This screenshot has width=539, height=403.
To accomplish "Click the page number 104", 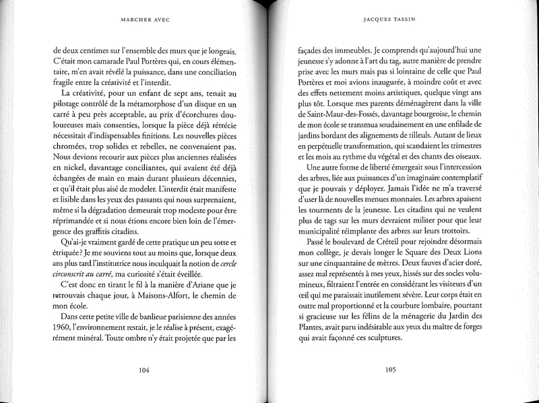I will click(x=143, y=370).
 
